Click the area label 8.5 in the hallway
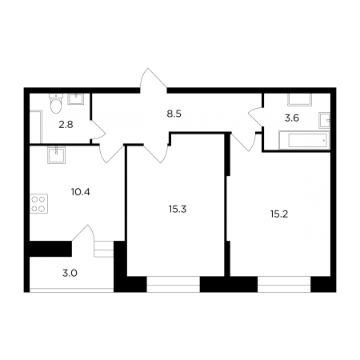pyautogui.click(x=174, y=114)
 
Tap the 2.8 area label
pyautogui.click(x=66, y=125)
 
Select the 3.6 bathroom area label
pyautogui.click(x=292, y=118)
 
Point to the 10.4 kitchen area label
pyautogui.click(x=81, y=192)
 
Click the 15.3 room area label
pyautogui.click(x=178, y=210)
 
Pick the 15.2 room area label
pyautogui.click(x=279, y=214)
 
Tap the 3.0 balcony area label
pyautogui.click(x=70, y=274)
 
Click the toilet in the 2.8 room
pyautogui.click(x=56, y=104)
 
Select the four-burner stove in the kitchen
pyautogui.click(x=39, y=204)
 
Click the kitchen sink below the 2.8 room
pyautogui.click(x=56, y=154)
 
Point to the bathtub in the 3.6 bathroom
pyautogui.click(x=304, y=140)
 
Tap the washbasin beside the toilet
pyautogui.click(x=76, y=99)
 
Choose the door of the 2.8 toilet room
pyautogui.click(x=98, y=130)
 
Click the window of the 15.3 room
pyautogui.click(x=173, y=284)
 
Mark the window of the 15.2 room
pyautogui.click(x=284, y=284)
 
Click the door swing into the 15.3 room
pyautogui.click(x=156, y=154)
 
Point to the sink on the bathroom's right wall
pyautogui.click(x=325, y=121)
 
